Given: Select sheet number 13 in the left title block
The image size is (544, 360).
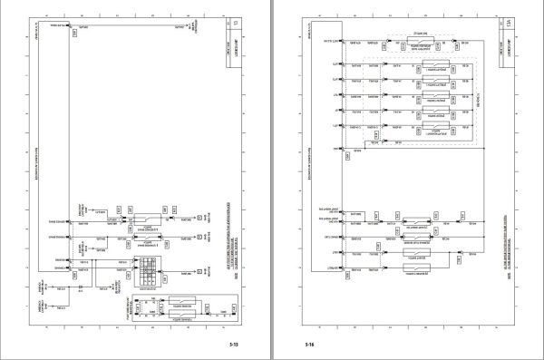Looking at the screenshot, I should [x=238, y=24].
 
